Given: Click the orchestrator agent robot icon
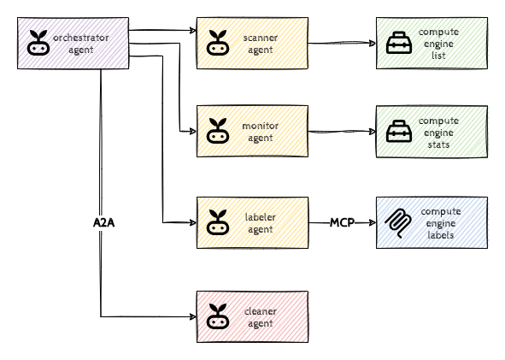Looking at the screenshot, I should coord(38,42).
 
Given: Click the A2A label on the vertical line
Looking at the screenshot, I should coord(103,222).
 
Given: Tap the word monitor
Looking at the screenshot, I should coord(261,127).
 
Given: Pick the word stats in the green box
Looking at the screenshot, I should coord(438,145).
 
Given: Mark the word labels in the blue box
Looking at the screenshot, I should coord(438,235).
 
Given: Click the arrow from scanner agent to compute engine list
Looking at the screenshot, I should coord(342,42).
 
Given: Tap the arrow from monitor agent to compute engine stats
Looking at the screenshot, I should coord(342,132).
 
